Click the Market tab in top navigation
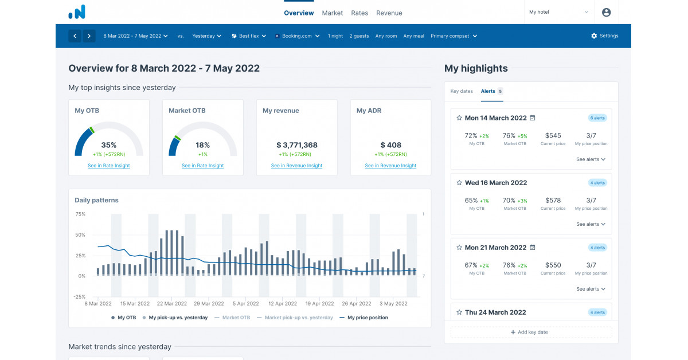point(332,13)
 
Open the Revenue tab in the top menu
point(389,13)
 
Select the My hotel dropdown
point(558,12)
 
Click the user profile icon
point(607,12)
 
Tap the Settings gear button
point(604,36)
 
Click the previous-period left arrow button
point(75,36)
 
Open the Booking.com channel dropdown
point(296,36)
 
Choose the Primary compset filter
point(454,36)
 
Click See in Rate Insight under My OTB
point(108,166)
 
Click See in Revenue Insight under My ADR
point(390,166)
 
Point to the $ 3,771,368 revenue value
point(296,145)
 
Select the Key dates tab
point(462,91)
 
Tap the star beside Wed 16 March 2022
point(459,183)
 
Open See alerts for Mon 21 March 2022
point(591,289)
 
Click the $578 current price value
point(553,201)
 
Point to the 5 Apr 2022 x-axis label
point(245,304)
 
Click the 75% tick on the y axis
point(80,214)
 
